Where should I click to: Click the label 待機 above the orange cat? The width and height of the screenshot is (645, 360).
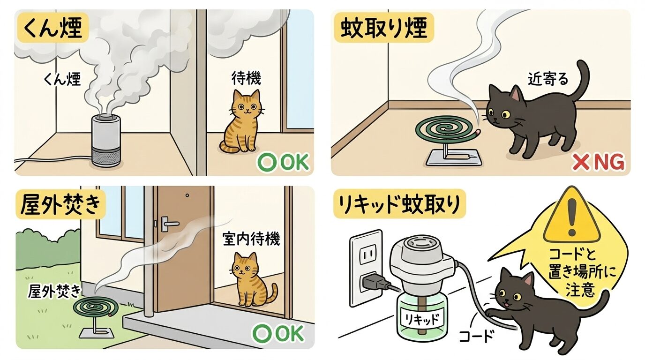(x=246, y=78)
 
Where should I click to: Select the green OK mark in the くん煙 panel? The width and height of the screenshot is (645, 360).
(x=283, y=163)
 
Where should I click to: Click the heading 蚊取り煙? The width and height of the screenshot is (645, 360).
(x=383, y=29)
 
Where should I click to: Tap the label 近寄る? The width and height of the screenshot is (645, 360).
(x=548, y=79)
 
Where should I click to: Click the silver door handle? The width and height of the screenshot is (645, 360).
(x=169, y=224)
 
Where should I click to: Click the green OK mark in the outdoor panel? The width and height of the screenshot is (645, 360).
(x=278, y=334)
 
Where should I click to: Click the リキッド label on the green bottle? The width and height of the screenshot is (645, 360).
(x=422, y=319)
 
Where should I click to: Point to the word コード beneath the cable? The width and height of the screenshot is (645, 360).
(x=476, y=337)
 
